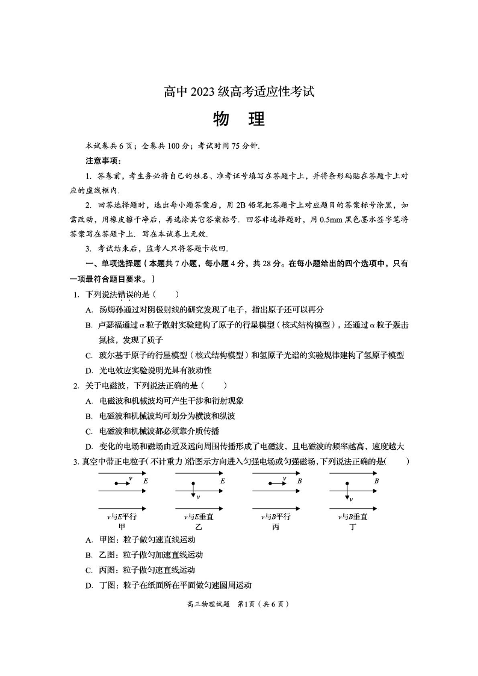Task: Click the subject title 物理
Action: (x=238, y=119)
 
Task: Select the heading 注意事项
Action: (x=104, y=161)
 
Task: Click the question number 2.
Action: (x=76, y=385)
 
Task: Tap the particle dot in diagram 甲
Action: (x=115, y=483)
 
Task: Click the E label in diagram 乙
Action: (x=223, y=481)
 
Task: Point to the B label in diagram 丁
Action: (x=376, y=481)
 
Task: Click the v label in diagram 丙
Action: (x=285, y=479)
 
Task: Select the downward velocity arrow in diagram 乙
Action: (x=193, y=491)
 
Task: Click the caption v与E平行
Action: (x=122, y=516)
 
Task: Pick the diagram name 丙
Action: (x=276, y=526)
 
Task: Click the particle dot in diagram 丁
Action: (x=347, y=483)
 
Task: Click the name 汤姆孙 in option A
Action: (x=110, y=309)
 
